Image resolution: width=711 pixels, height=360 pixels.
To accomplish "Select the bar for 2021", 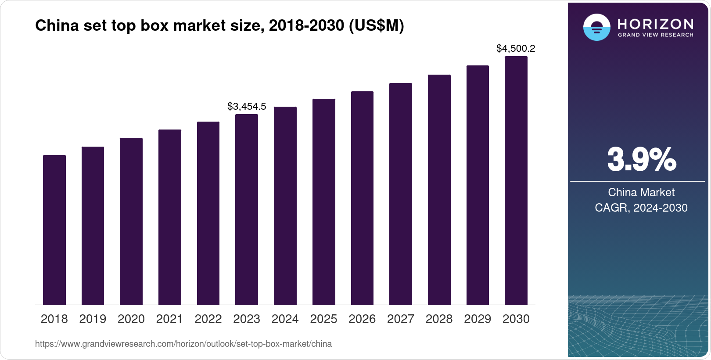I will click(170, 217).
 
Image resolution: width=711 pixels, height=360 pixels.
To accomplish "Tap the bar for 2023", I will click(247, 209).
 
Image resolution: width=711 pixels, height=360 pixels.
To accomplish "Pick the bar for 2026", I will click(362, 198).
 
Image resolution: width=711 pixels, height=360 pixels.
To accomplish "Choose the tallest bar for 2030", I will click(516, 180).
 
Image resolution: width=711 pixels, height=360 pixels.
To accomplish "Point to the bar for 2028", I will click(439, 190).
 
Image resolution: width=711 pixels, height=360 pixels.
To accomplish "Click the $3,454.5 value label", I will click(247, 106).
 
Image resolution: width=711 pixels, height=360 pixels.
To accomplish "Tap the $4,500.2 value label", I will click(516, 48).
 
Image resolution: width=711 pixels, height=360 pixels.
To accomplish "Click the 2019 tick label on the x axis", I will click(93, 319).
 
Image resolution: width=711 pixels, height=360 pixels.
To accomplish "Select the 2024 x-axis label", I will click(285, 319).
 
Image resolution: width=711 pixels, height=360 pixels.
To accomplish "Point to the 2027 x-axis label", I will click(401, 319).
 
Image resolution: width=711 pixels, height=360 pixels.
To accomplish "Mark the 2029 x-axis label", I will click(478, 319).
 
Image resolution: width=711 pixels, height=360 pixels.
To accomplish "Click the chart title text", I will click(219, 25).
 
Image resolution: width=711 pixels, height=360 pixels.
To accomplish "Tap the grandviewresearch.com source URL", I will click(183, 344).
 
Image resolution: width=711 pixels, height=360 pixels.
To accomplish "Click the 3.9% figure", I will click(641, 160).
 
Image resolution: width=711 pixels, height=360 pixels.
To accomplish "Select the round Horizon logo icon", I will click(596, 27).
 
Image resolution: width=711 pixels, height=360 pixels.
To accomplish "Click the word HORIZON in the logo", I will click(656, 24).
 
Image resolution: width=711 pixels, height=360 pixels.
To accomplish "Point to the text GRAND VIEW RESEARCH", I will click(656, 35).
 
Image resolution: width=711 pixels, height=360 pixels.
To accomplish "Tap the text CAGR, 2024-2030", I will click(641, 208).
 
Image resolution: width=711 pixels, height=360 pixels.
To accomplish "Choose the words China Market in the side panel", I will click(641, 192).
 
